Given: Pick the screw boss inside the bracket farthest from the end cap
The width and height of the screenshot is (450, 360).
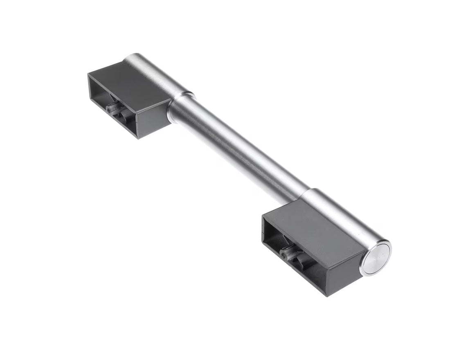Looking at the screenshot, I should (x=111, y=109).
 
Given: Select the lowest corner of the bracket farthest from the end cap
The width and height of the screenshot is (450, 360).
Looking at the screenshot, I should (x=138, y=138).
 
